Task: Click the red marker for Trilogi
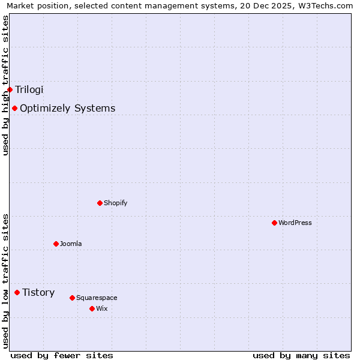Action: (10, 90)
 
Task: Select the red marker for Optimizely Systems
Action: (14, 109)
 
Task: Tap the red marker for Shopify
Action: (100, 203)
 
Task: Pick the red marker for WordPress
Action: (274, 223)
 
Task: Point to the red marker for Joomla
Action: (56, 244)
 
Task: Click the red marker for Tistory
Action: (17, 293)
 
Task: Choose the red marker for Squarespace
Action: (72, 298)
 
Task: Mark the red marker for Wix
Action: (92, 308)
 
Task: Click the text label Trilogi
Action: (29, 90)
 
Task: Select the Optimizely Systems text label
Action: (67, 109)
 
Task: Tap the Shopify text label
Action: (115, 203)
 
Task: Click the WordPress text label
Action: (295, 223)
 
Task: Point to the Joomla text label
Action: (71, 244)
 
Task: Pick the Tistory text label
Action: (38, 293)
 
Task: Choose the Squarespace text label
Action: (97, 298)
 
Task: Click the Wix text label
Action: (101, 308)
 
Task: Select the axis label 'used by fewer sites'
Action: (62, 355)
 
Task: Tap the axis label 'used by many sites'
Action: (301, 355)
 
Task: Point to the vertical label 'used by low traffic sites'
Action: (5, 281)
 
